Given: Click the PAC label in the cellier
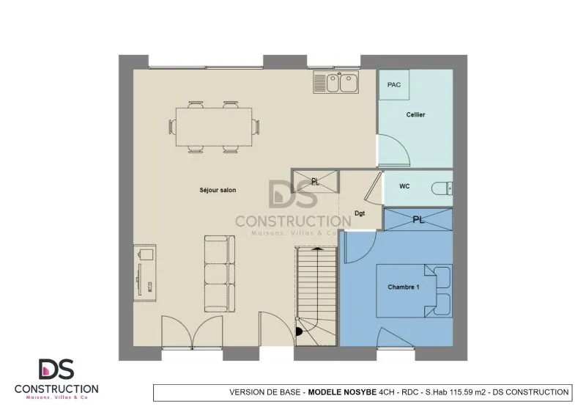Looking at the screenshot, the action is coord(394,85).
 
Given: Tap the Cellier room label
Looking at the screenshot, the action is coord(415,114).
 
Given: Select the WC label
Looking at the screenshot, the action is coord(404,186).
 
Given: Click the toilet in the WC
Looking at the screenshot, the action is coord(442,188).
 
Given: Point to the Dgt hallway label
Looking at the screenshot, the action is coord(360,213).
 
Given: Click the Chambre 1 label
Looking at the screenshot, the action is coord(404,287).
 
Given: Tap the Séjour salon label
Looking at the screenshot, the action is coord(218,190).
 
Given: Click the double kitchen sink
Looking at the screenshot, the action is coord(336,82).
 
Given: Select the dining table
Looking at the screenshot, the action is coord(214,127).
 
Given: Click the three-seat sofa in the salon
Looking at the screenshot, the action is coord(220,273).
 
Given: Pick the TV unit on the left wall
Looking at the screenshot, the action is coord(144,273).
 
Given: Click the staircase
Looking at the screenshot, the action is coord(316,296).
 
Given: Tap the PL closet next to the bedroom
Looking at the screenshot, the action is coord(418,220).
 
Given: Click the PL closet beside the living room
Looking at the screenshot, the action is coord(316,182).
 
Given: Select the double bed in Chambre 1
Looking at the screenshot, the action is coord(414,291).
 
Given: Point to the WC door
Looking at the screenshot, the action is coord(373,186).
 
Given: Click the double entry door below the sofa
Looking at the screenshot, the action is coord(192,331).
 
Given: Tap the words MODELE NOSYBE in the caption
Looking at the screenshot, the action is coord(342,392).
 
